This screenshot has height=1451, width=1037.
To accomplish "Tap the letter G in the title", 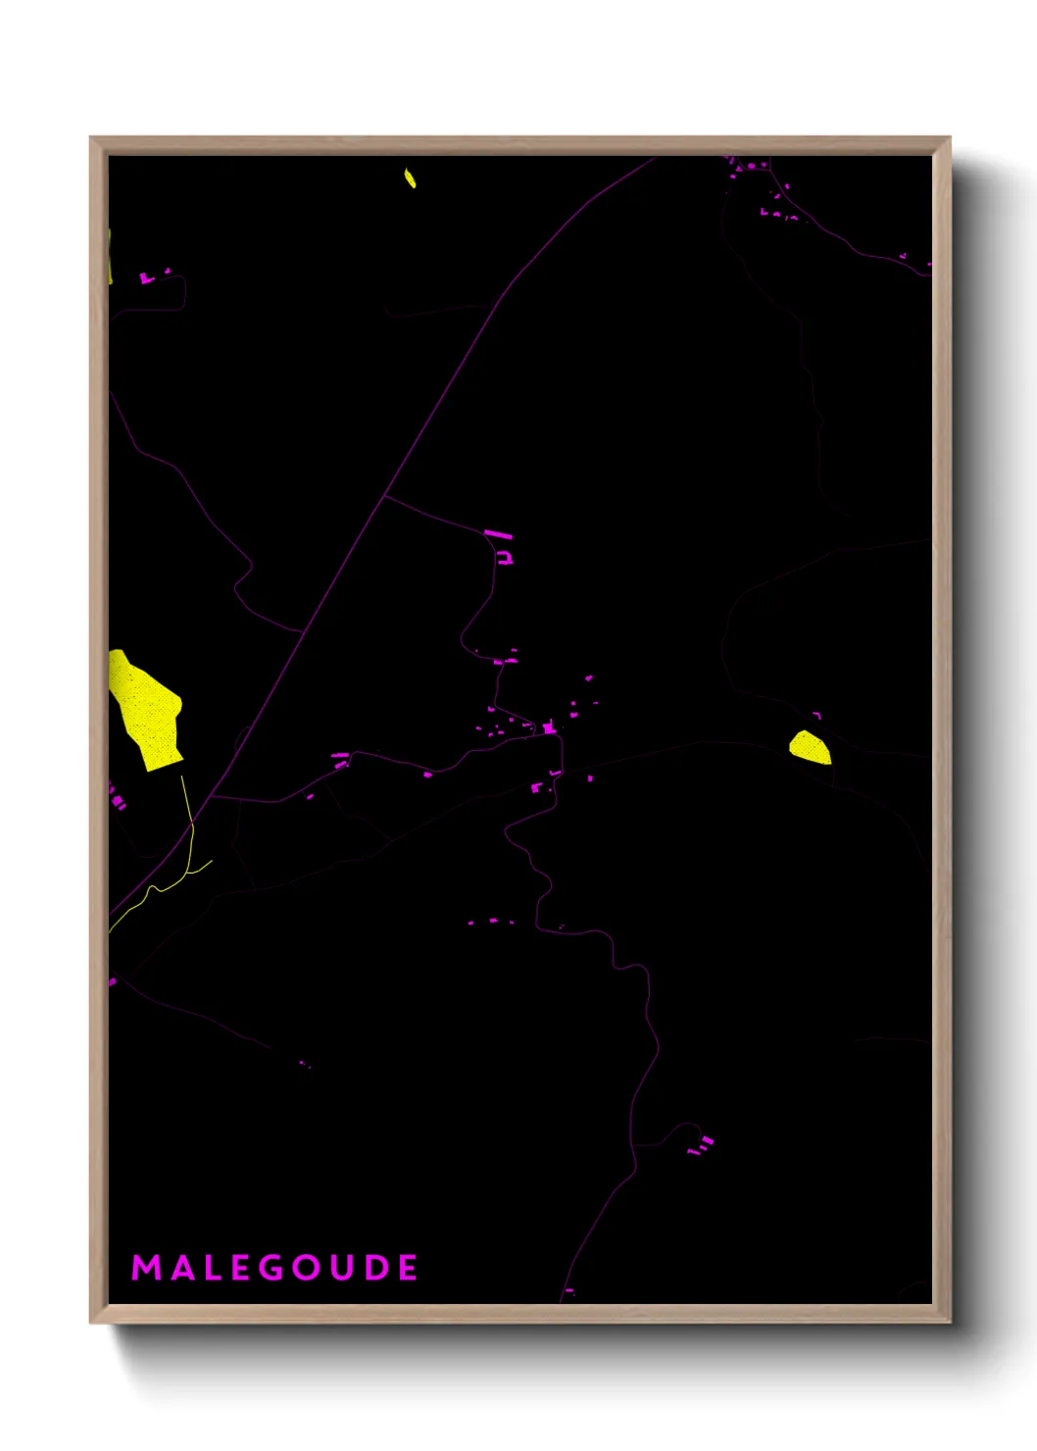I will [x=272, y=1268].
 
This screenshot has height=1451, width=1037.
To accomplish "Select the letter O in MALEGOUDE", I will [x=307, y=1268].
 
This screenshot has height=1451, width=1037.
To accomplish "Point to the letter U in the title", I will [x=342, y=1268].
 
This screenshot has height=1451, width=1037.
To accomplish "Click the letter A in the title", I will [x=179, y=1268].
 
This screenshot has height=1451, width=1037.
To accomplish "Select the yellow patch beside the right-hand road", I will [x=811, y=747].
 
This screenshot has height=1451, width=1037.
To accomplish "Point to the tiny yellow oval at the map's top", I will [x=410, y=178].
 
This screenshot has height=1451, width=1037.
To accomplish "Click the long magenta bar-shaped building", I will [x=498, y=534].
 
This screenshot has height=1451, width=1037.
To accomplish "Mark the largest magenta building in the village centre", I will [x=549, y=727].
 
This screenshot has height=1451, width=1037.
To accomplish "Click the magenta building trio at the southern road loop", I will [x=702, y=1144].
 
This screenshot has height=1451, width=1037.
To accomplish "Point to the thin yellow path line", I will [x=188, y=814].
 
